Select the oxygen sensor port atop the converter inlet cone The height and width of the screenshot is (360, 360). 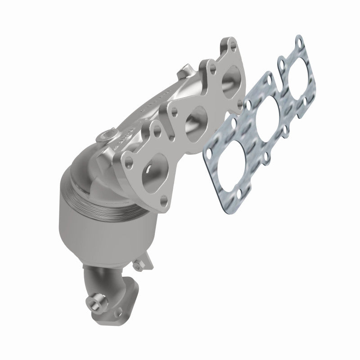[x=107, y=135]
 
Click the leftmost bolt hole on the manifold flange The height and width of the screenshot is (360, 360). [x=130, y=158]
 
